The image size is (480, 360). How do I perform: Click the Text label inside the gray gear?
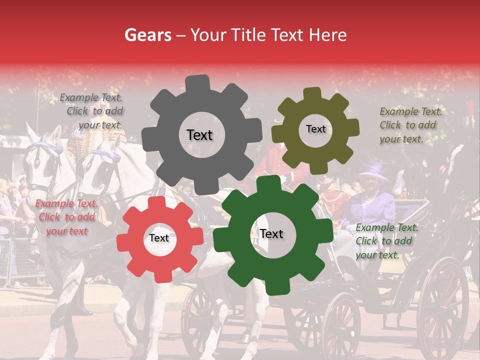199,135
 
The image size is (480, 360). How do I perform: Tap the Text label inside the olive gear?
315,129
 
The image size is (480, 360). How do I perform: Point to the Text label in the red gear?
159,238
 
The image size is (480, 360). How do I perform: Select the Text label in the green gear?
271,233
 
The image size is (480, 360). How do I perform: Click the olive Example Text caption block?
410,125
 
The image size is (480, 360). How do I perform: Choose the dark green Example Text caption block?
386,241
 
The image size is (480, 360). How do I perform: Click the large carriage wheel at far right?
443,300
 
